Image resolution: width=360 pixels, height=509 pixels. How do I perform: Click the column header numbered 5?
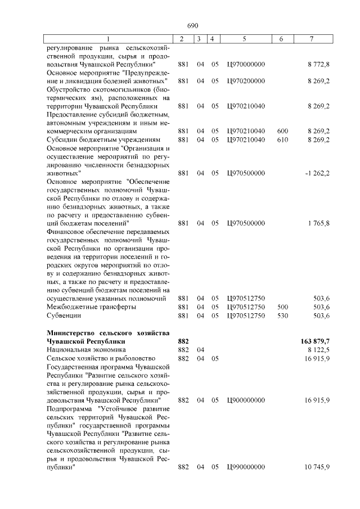[245, 39]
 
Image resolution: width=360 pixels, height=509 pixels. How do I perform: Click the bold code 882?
[183, 341]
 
